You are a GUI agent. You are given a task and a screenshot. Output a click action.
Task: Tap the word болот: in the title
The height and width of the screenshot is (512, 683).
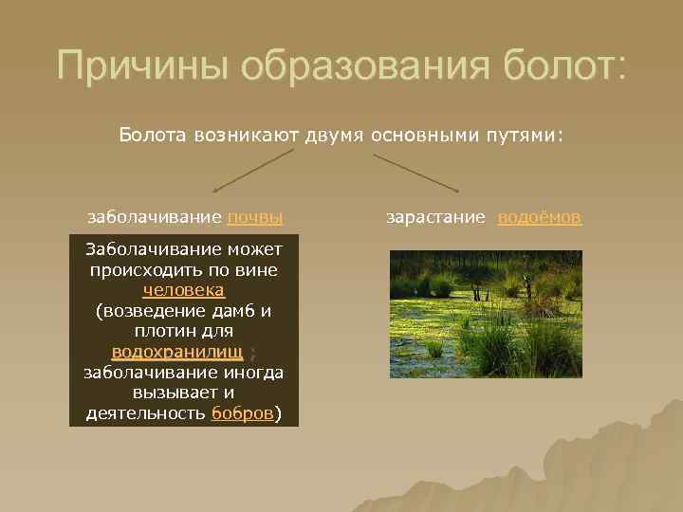tap(560, 66)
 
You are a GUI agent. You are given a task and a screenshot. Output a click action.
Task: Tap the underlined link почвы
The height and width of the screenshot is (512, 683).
tap(255, 217)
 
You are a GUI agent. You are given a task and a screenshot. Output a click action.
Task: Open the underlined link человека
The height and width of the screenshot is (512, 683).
tap(184, 290)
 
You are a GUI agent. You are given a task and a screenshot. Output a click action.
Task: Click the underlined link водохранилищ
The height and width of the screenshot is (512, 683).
tap(177, 352)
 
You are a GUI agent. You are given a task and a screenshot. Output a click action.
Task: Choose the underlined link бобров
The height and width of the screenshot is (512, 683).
tap(242, 413)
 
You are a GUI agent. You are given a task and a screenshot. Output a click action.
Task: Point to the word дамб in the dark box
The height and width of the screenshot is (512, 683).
tap(234, 310)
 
